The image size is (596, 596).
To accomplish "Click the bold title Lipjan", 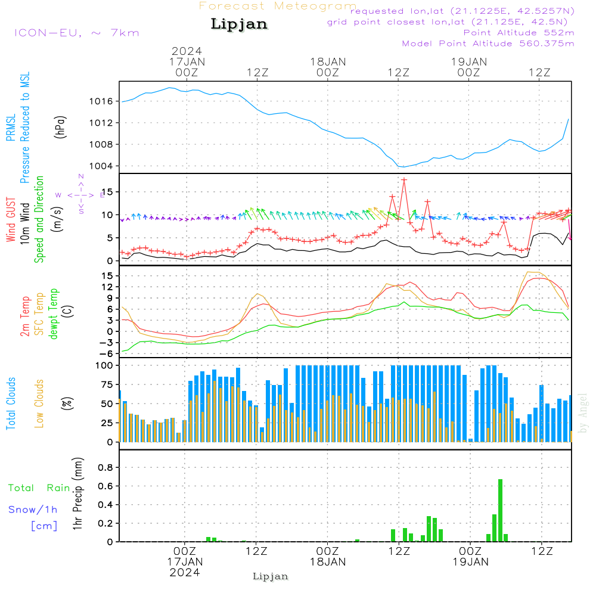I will [239, 24].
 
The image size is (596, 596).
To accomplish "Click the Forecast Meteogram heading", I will [278, 6].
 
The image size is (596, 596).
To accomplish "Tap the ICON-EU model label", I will [76, 32].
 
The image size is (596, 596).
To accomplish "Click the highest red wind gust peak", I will [404, 179].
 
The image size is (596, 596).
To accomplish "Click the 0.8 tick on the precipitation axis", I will [105, 468].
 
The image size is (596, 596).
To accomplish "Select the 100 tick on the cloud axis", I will [104, 365].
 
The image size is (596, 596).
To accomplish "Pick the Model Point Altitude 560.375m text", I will [488, 44].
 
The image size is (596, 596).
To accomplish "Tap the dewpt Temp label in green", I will [54, 314].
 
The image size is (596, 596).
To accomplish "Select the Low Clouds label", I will [39, 403].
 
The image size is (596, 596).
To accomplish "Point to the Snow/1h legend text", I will [33, 510].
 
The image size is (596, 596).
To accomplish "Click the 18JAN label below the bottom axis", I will [327, 561].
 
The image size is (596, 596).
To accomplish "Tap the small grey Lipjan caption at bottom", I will [271, 576].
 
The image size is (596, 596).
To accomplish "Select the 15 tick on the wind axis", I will [105, 192].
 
